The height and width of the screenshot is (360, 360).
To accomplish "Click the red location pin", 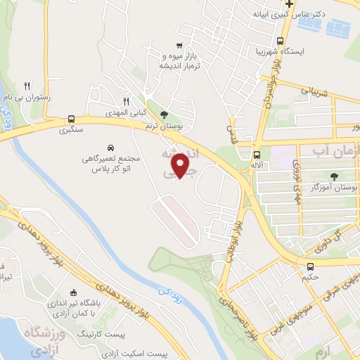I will [181, 165].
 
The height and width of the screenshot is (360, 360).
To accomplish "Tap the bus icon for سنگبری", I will [71, 119].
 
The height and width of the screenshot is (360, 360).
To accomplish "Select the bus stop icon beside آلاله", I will [257, 155].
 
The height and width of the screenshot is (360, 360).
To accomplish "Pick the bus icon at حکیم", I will [310, 266].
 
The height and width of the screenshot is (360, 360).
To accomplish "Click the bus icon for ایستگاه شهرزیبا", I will [281, 41].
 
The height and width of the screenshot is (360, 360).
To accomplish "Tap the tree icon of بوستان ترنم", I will [165, 115].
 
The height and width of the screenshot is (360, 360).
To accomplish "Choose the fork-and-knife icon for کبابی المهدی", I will [127, 101].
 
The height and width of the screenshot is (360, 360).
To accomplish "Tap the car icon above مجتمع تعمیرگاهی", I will [112, 148].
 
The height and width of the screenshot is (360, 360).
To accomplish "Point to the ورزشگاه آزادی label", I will [25, 340].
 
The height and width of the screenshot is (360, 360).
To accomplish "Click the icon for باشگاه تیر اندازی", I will [75, 292].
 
